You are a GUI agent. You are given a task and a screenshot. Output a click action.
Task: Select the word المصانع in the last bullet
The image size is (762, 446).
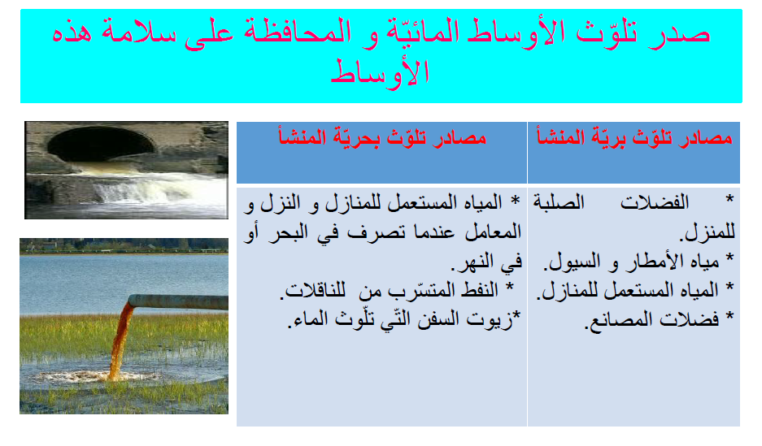(x=624, y=319)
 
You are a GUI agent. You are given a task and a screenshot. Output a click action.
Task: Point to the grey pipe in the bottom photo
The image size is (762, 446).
(x=179, y=301)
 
